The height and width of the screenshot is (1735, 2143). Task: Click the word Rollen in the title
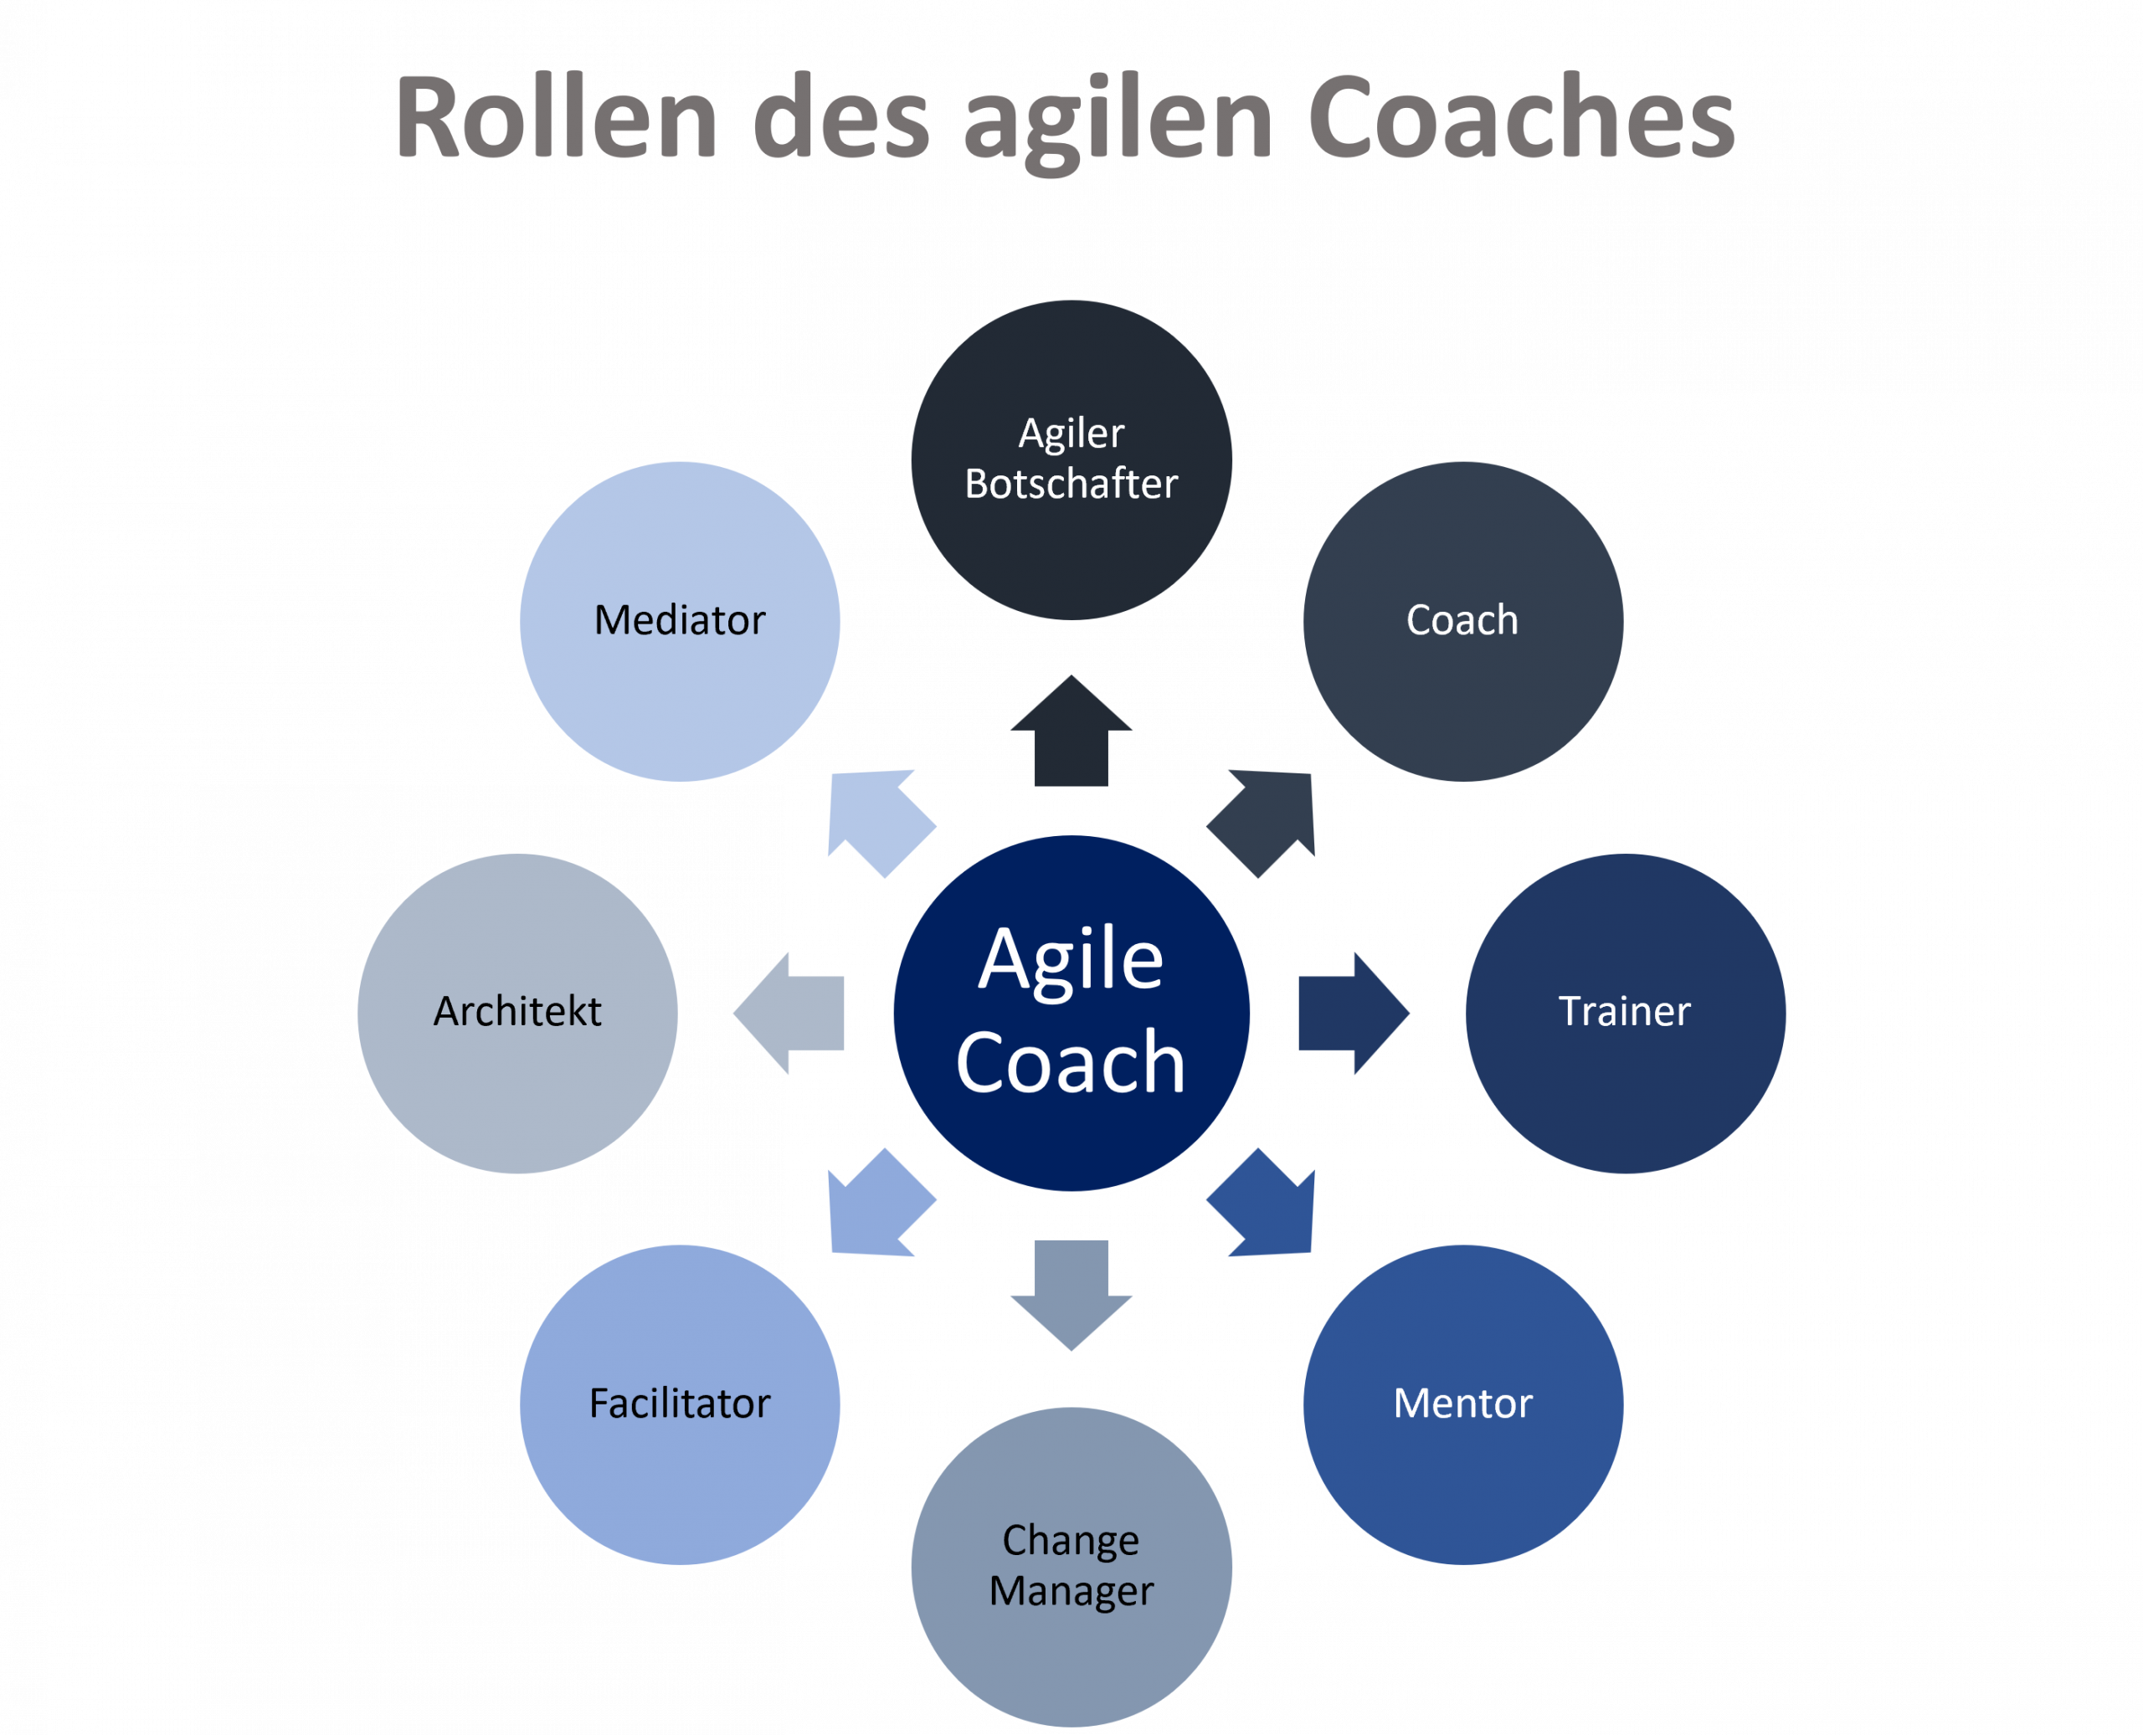click(x=556, y=118)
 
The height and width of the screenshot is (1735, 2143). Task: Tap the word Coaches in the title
click(x=1520, y=118)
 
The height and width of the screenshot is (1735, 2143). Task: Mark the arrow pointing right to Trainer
click(x=1350, y=1013)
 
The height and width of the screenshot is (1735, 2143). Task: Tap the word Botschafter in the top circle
click(x=1071, y=484)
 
